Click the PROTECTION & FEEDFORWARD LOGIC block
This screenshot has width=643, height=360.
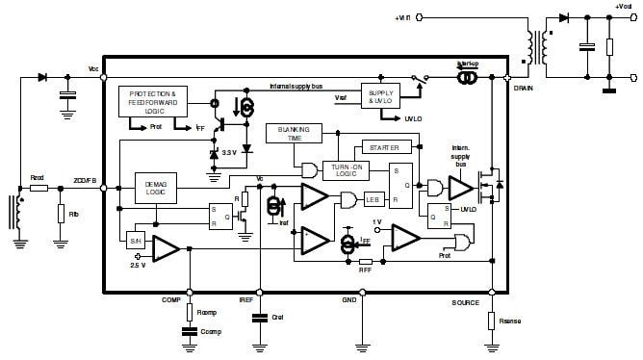152,102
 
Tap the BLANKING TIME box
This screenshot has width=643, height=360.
290,134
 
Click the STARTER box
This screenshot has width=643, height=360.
384,146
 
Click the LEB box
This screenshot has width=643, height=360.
373,199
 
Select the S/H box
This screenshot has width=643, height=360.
135,237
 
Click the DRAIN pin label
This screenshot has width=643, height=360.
524,87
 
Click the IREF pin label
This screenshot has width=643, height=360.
245,300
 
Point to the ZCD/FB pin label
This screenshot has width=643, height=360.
85,179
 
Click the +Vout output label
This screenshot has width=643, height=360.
623,8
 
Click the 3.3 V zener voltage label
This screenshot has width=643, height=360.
229,153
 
